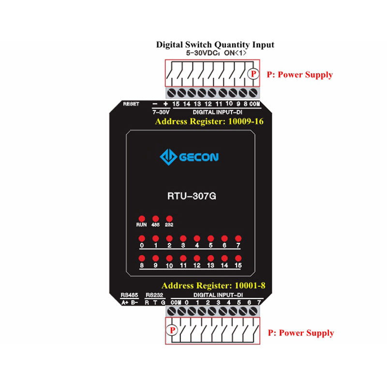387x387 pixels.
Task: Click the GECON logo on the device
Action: pyautogui.click(x=189, y=157)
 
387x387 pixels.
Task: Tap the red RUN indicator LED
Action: pyautogui.click(x=142, y=218)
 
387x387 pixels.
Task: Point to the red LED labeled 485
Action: pyautogui.click(x=155, y=218)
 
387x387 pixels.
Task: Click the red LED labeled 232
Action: pyautogui.click(x=169, y=218)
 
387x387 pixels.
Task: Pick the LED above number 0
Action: pyautogui.click(x=142, y=238)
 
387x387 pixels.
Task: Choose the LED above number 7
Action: pyautogui.click(x=238, y=238)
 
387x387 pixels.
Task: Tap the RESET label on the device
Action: pyautogui.click(x=131, y=104)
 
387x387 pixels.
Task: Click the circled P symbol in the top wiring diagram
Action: pyautogui.click(x=253, y=74)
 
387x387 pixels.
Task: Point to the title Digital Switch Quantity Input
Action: pyautogui.click(x=215, y=45)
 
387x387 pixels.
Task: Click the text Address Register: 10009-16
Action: pyautogui.click(x=209, y=121)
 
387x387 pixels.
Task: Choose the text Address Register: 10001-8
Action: pyautogui.click(x=213, y=285)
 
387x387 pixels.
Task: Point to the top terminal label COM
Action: pyautogui.click(x=255, y=104)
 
